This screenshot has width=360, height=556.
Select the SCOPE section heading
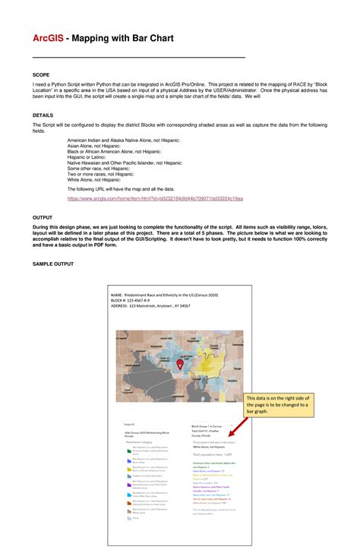tap(41, 75)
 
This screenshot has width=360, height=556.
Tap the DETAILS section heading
tap(43, 115)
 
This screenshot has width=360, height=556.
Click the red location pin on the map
tap(181, 365)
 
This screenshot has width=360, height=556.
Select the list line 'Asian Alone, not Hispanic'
tap(101, 147)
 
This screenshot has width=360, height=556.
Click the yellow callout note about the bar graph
tap(276, 409)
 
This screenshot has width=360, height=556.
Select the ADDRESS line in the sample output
tap(150, 306)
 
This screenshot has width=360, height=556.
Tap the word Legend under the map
tap(129, 424)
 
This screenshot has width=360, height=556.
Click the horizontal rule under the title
tap(138, 58)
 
